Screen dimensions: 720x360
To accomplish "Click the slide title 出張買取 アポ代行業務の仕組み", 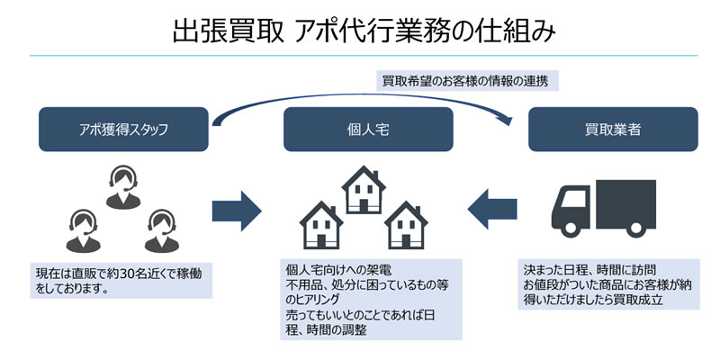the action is coord(364,31).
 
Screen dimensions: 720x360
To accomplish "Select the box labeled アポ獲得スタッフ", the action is coord(123,130).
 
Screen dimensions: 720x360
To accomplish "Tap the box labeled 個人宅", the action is coord(368,130).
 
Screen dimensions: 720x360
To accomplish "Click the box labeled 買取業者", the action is coord(613,130).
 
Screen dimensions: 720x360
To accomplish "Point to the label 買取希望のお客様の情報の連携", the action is coord(465,81).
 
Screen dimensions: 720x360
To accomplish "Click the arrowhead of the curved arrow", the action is coord(507,121).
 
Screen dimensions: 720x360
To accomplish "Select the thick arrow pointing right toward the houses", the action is coord(237,211).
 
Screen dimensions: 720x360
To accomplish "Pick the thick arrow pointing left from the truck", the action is coord(492,209).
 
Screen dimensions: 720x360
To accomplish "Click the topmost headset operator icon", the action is coord(123,188).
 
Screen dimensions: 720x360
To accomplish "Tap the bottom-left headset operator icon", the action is coord(83,231).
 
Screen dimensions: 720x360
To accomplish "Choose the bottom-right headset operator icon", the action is coord(162,231).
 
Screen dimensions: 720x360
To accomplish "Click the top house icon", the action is coord(364,190).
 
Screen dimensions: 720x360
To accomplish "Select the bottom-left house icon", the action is coord(321,225).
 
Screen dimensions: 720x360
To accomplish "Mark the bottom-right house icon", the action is coord(406,225).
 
